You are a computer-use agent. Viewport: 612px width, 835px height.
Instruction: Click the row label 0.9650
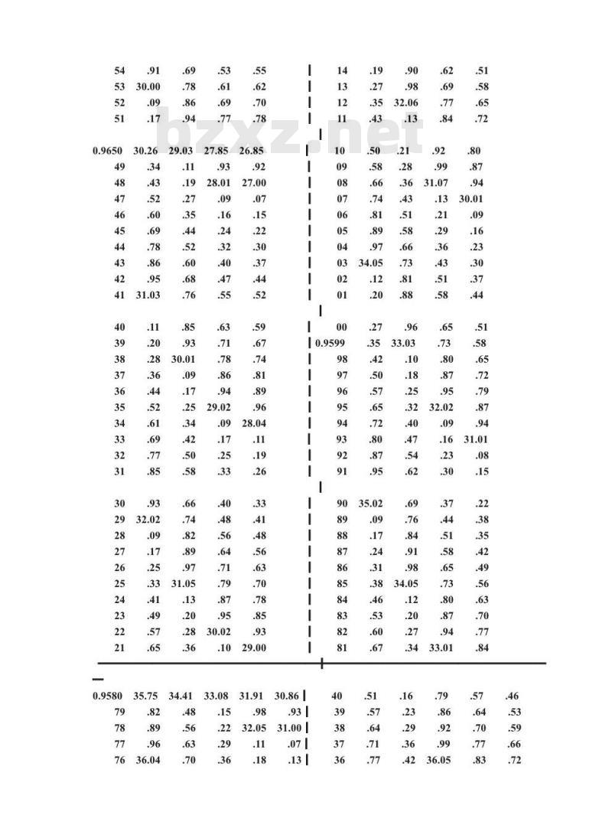(106, 151)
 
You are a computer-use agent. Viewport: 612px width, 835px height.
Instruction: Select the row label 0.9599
(330, 344)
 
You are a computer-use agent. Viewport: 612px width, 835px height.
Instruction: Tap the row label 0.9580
(106, 696)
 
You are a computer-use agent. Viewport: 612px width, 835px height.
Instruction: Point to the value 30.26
(145, 151)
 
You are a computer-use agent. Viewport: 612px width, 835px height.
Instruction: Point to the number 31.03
(148, 295)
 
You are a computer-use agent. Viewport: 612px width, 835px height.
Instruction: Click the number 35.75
(145, 696)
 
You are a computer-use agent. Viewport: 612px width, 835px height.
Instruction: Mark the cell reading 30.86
(286, 696)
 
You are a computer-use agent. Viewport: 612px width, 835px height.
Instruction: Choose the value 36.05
(438, 761)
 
